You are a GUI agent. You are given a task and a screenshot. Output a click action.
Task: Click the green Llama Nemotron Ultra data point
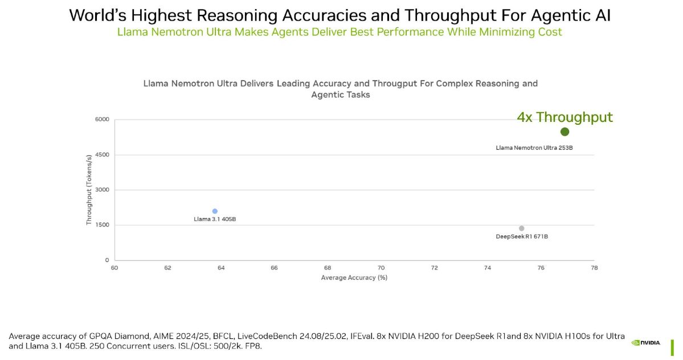tap(565, 132)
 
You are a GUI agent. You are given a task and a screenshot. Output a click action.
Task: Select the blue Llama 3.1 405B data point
tap(215, 211)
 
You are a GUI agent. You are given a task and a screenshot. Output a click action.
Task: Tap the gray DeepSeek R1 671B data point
tap(521, 228)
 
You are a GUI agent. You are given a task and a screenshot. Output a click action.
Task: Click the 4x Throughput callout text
tap(565, 117)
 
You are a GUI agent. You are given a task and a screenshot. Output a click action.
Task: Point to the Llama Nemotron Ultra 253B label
tap(534, 148)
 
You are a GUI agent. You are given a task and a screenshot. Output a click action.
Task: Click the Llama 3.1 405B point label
tap(215, 219)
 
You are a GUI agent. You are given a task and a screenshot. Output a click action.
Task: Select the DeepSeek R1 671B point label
tap(522, 236)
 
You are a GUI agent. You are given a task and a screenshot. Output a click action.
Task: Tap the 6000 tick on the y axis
tap(102, 120)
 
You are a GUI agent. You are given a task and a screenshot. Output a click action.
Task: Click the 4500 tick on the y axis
tap(102, 155)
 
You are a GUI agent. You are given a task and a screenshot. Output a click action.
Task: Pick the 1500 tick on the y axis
tap(103, 225)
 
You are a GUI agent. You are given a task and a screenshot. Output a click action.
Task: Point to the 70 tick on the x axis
tap(381, 268)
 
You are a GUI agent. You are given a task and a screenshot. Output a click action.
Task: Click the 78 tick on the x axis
tap(594, 268)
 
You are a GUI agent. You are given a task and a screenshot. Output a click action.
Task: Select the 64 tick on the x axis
tap(221, 268)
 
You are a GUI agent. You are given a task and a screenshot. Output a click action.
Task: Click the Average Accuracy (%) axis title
tap(354, 277)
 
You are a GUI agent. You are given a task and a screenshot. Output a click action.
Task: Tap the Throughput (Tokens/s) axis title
tap(89, 190)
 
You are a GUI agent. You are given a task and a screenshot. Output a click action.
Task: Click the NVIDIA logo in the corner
tap(646, 343)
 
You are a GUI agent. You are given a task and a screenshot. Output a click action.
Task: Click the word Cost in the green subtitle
tap(549, 32)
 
